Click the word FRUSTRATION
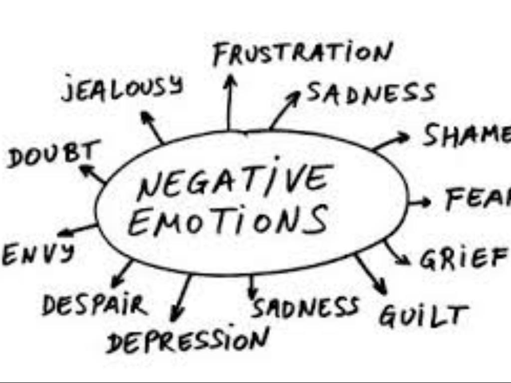click(x=302, y=54)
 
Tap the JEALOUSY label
click(x=122, y=89)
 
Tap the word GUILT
click(x=423, y=315)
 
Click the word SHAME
click(x=467, y=135)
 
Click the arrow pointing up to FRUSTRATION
click(x=230, y=102)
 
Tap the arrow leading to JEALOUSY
click(x=152, y=127)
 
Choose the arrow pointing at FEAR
click(x=419, y=202)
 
